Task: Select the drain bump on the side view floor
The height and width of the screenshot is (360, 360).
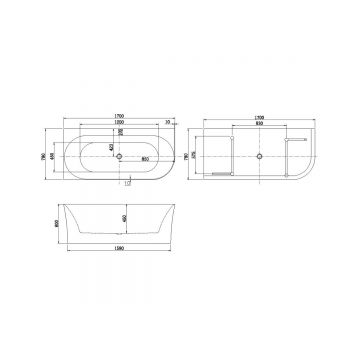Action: [118, 237]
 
